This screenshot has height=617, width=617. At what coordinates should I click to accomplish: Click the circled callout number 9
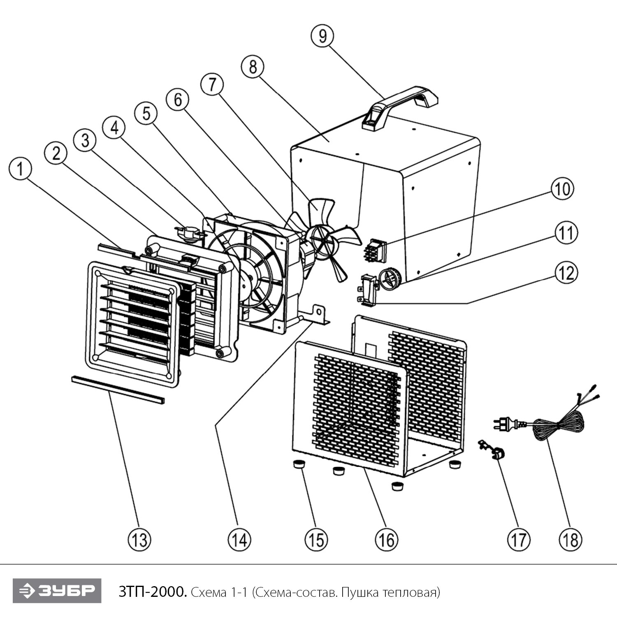[322, 36]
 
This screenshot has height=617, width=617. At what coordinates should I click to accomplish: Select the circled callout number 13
[139, 539]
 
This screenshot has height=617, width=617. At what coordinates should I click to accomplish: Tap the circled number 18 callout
[571, 539]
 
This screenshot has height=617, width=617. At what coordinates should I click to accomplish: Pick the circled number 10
[562, 189]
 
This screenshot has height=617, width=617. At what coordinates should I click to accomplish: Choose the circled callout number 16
[387, 539]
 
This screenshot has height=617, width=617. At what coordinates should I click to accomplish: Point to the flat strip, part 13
[118, 389]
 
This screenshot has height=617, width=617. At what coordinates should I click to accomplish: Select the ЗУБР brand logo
[57, 591]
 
